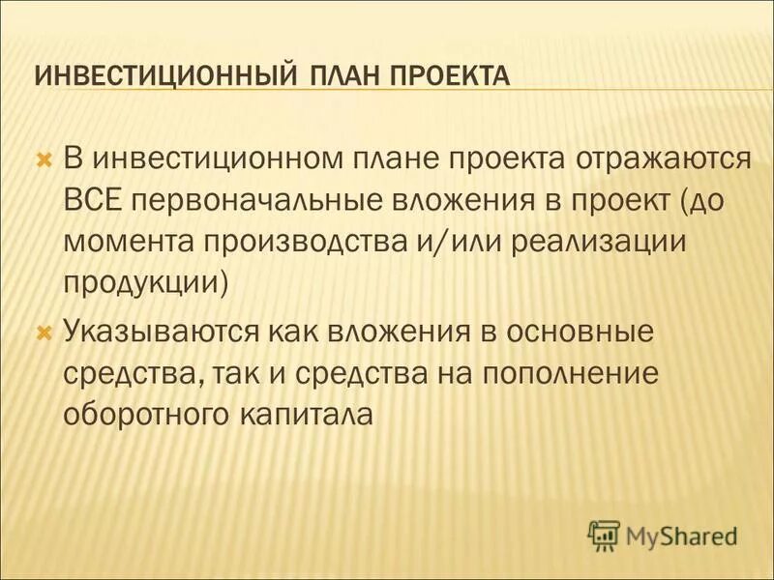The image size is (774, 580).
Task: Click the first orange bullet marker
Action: click(x=43, y=157)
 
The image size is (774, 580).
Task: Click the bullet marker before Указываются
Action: click(x=43, y=332)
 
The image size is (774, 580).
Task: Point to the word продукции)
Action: click(x=147, y=281)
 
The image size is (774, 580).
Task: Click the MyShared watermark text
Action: click(x=683, y=534)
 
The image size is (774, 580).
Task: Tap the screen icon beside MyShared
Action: click(x=603, y=534)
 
